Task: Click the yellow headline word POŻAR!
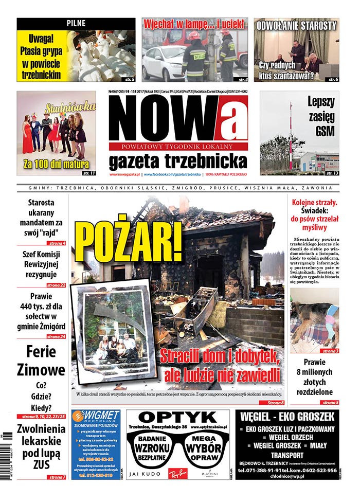tap(128, 242)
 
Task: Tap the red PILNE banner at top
tap(76, 23)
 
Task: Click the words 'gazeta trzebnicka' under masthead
tap(177, 161)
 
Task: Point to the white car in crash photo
tap(164, 63)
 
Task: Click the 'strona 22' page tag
tap(56, 284)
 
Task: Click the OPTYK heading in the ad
tap(177, 417)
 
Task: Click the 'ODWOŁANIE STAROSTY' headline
tap(297, 25)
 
